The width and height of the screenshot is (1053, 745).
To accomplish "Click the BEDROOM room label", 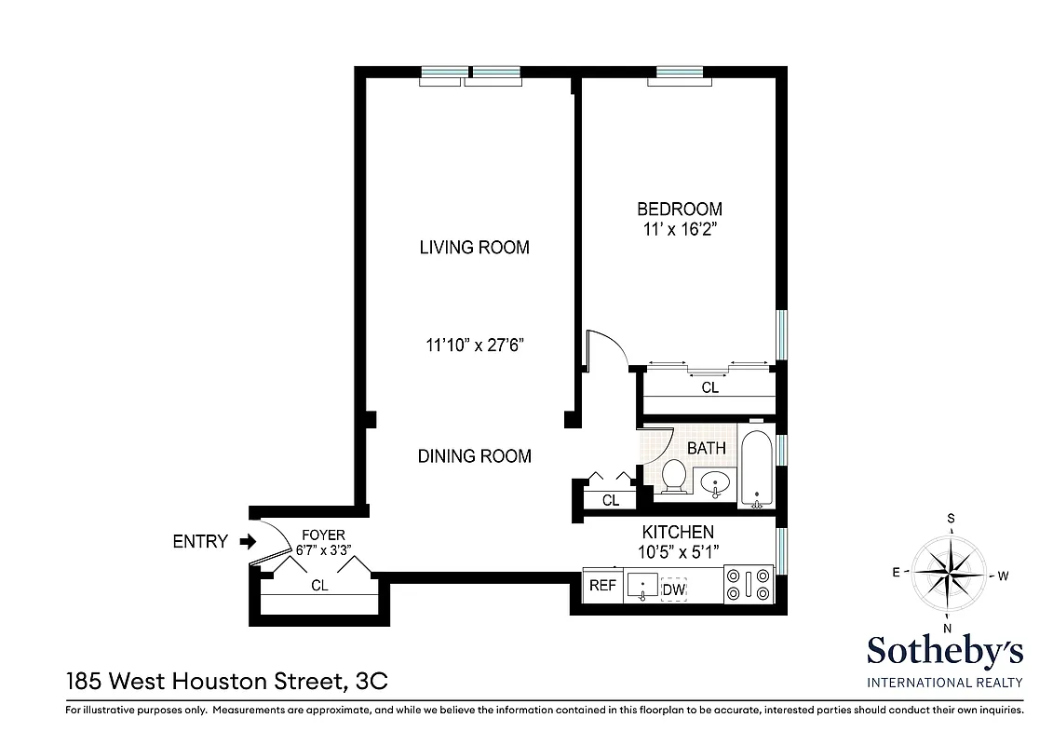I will tap(679, 209).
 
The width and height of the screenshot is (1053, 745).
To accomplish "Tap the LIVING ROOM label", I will tap(474, 248).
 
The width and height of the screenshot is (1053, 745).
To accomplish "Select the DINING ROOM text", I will tap(474, 456).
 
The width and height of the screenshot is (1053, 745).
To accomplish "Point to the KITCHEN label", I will tap(678, 532).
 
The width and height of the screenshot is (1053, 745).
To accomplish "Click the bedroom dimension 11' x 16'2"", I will tap(679, 229).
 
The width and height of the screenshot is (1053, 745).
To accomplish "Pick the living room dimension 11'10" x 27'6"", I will tap(476, 345).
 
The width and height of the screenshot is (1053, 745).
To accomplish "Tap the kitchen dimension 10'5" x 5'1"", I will tap(678, 550).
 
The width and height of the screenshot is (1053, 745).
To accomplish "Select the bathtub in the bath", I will tap(756, 467).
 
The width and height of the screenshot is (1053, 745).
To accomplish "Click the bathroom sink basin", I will tap(714, 483).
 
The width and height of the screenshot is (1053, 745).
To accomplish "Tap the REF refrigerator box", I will tap(603, 586).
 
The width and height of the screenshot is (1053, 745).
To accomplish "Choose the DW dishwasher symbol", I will tap(674, 589).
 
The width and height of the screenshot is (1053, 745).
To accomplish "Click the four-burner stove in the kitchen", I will tap(748, 585).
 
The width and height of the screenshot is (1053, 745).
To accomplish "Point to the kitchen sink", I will tap(641, 587).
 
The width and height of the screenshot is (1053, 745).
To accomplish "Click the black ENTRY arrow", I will tap(247, 541).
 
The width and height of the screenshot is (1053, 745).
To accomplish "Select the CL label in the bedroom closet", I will tap(709, 388).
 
